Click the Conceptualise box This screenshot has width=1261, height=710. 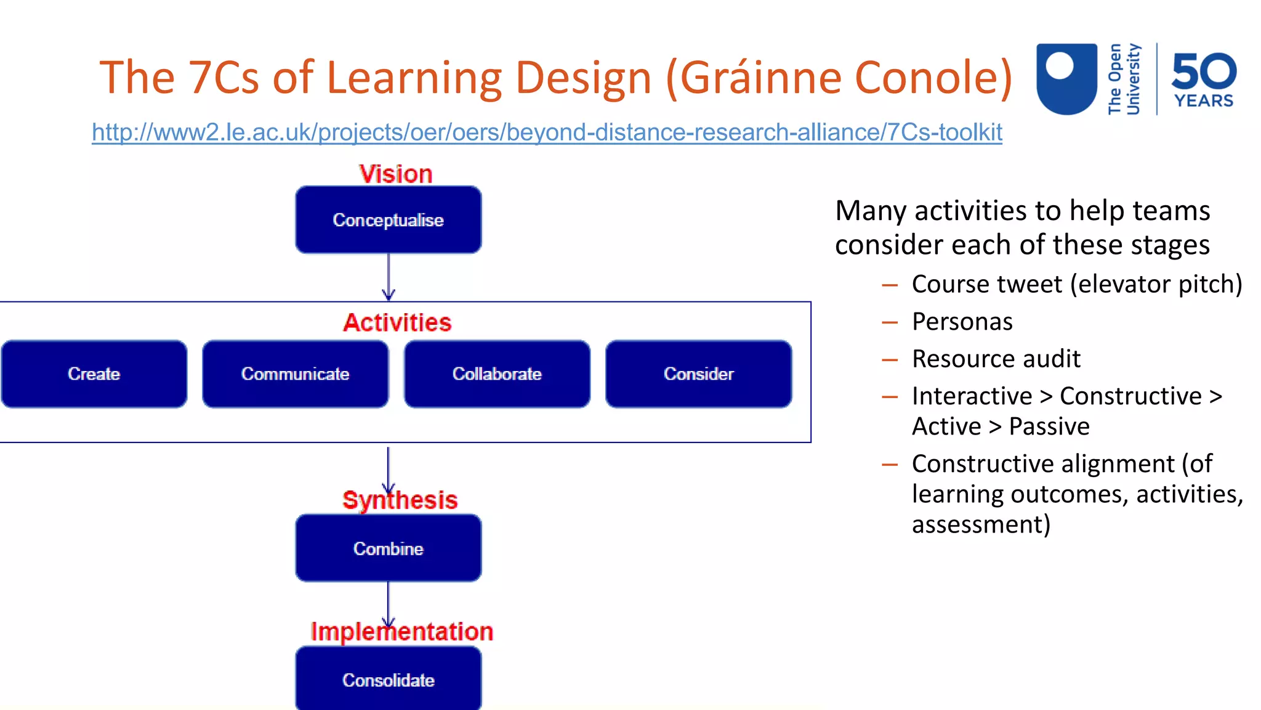click(389, 220)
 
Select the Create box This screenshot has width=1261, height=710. click(94, 374)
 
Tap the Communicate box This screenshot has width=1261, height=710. click(296, 374)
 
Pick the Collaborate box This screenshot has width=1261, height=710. click(497, 374)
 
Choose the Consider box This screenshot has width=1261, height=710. click(699, 374)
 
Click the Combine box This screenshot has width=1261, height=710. click(389, 549)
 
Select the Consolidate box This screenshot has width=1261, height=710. click(389, 679)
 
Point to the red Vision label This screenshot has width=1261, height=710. click(396, 174)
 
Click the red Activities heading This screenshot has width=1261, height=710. click(397, 322)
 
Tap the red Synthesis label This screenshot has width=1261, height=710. click(400, 500)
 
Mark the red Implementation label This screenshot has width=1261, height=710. click(402, 632)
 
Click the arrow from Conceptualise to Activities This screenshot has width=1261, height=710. click(389, 277)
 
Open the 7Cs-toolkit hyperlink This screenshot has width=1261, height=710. click(547, 132)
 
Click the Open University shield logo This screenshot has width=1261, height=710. click(1066, 78)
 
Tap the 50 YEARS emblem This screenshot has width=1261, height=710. click(1204, 79)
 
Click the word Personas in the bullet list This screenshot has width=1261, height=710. click(962, 322)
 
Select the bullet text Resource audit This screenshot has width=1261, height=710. click(996, 359)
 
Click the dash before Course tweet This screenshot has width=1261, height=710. click(890, 285)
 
